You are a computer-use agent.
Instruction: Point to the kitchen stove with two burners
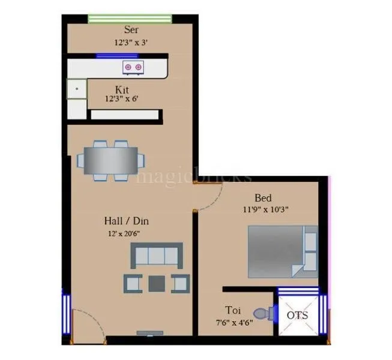click(133, 67)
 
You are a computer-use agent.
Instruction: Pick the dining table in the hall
click(110, 160)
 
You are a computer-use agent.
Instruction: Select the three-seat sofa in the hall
click(157, 256)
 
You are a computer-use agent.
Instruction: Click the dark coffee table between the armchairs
click(157, 283)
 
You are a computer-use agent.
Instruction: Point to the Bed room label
click(263, 198)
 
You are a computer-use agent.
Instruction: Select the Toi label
click(234, 310)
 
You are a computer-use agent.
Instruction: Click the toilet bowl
click(262, 313)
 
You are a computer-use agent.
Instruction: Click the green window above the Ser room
click(131, 19)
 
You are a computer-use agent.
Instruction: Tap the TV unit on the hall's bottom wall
click(149, 332)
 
